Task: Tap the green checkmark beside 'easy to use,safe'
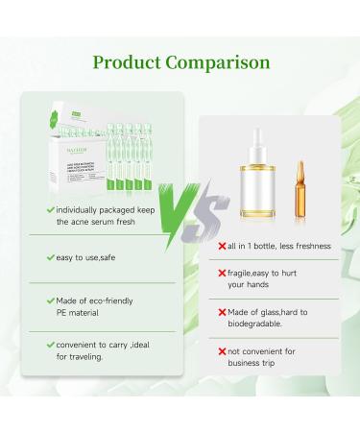(50, 258)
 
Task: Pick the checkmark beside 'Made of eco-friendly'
(50, 300)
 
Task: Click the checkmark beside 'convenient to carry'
(50, 345)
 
